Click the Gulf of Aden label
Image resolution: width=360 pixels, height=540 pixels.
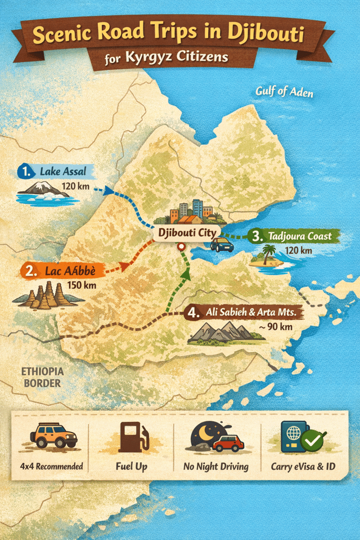[x=284, y=91]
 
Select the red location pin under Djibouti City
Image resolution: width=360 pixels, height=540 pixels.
[x=181, y=246]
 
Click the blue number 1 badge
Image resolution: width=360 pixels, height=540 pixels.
[x=24, y=171]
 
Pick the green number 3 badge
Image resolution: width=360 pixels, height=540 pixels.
[x=258, y=236]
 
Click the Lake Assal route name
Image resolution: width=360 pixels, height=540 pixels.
[x=63, y=172]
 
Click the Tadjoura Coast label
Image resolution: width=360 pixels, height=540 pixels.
[x=300, y=236]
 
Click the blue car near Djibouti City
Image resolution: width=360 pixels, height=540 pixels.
[x=222, y=244]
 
